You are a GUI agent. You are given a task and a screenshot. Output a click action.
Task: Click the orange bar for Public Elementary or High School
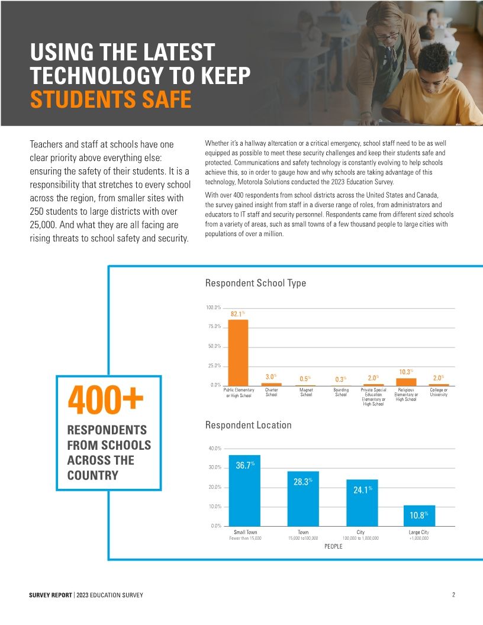239,352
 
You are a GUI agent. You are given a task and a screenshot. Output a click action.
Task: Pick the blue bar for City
362,502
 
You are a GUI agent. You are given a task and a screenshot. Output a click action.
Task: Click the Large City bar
419,516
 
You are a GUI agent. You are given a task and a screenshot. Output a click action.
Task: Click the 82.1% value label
238,314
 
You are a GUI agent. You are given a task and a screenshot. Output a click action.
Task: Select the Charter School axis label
272,392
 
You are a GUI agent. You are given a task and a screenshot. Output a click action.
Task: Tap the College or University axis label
439,392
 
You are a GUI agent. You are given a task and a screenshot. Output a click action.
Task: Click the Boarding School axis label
341,392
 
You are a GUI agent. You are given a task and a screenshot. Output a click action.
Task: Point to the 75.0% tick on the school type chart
214,327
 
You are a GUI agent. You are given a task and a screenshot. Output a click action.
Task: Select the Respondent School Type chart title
256,283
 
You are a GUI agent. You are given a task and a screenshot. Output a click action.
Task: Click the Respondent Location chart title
248,425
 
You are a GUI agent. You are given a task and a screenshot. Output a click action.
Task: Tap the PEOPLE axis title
333,546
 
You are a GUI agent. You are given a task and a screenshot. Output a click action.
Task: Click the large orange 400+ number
107,401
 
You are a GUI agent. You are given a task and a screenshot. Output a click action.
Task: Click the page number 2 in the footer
453,594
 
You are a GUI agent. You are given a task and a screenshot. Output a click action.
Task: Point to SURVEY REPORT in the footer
50,594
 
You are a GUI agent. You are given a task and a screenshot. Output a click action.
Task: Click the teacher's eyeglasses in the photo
387,37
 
